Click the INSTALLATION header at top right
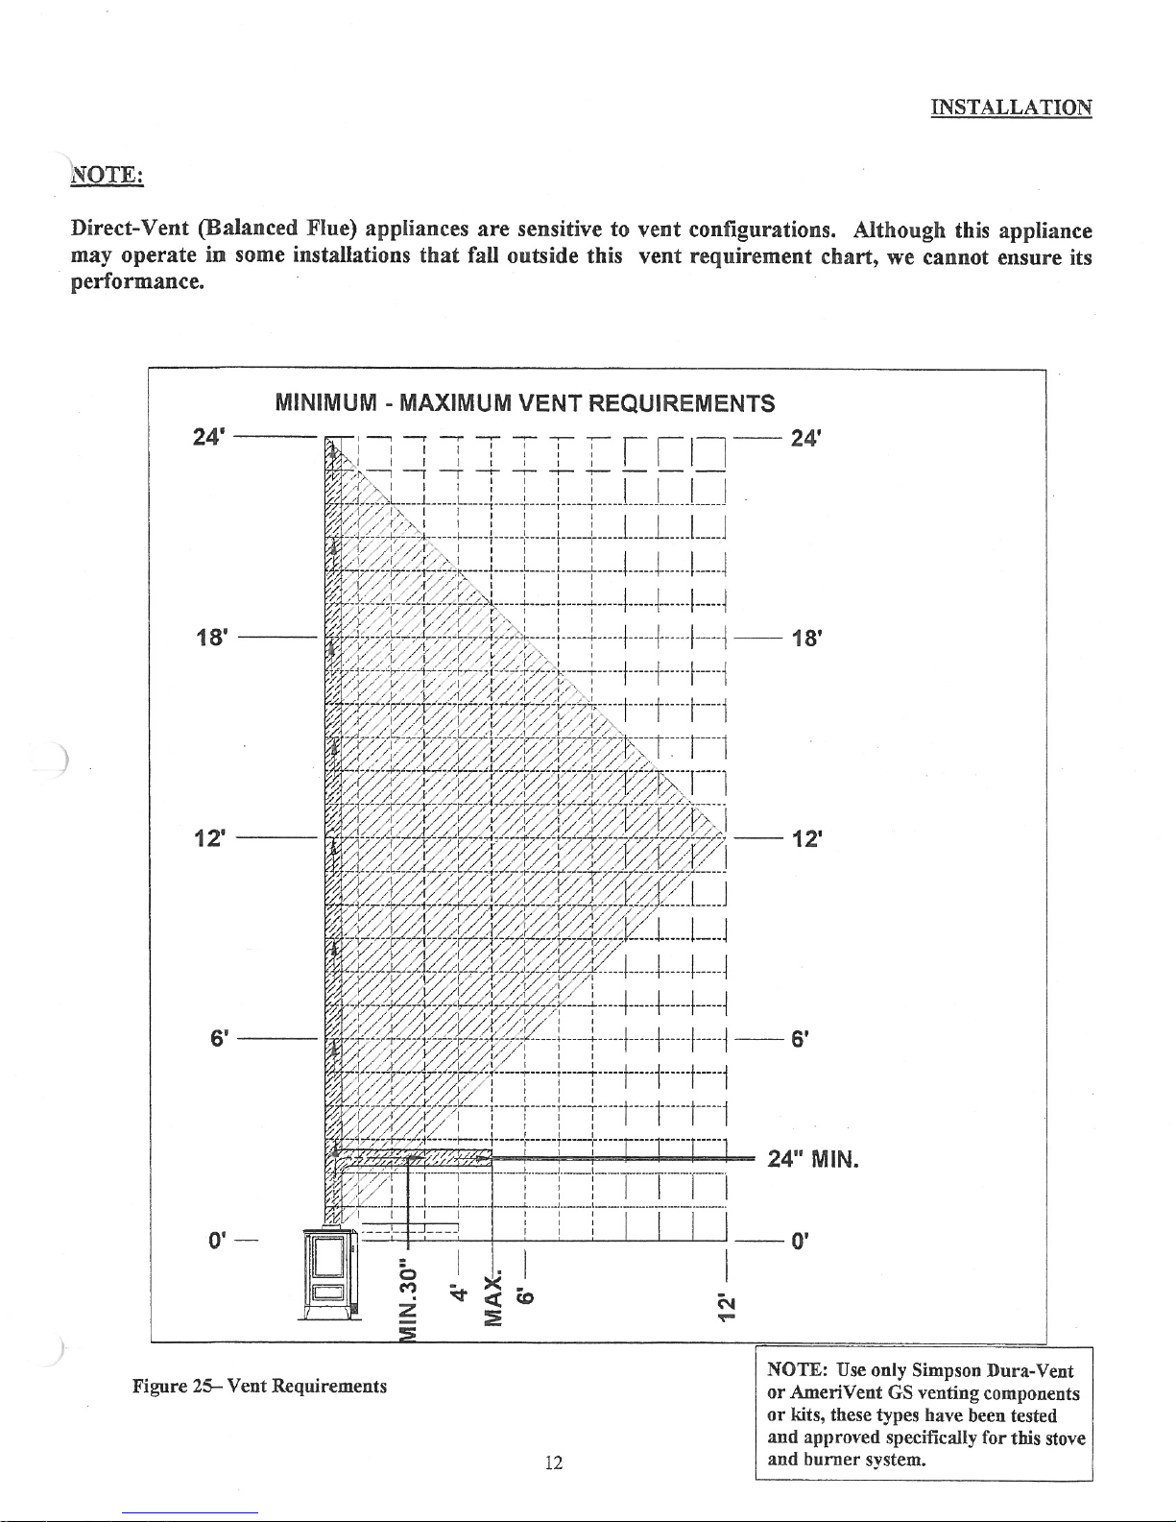1011,107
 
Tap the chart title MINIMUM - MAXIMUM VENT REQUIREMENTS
524,401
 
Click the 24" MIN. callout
812,1160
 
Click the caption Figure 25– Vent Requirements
260,1386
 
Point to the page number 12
552,1462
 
